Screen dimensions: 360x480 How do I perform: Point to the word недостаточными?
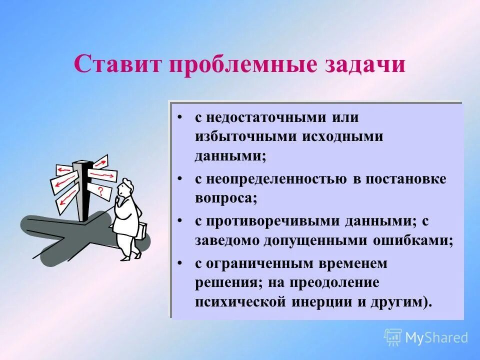(263, 118)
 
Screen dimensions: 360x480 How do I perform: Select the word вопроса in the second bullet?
(225, 198)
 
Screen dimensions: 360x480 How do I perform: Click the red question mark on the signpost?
(101, 190)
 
